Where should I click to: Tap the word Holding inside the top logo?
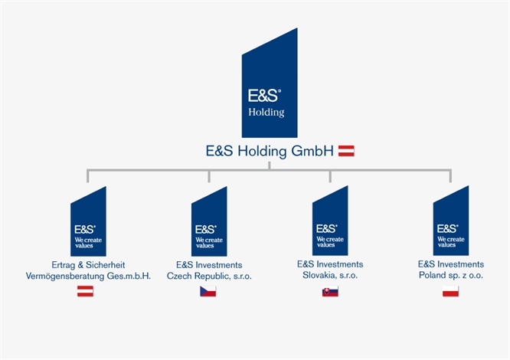point(266,113)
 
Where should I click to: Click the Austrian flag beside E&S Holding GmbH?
point(346,151)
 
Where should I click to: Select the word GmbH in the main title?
point(312,151)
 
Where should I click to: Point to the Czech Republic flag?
point(208,291)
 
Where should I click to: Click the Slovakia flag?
point(330,291)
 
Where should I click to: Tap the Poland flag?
point(450,291)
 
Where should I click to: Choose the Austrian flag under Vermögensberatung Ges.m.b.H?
point(85,291)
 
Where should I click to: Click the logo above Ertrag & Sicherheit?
point(88,221)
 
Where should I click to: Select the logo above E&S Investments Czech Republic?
point(209,221)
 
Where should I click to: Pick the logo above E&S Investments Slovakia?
point(330,221)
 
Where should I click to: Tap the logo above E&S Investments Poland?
point(451,221)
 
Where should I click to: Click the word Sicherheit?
point(106,265)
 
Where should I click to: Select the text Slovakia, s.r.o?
point(330,276)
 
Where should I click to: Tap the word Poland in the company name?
point(432,276)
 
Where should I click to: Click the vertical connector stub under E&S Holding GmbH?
point(270,165)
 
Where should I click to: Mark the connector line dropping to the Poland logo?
point(450,175)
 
